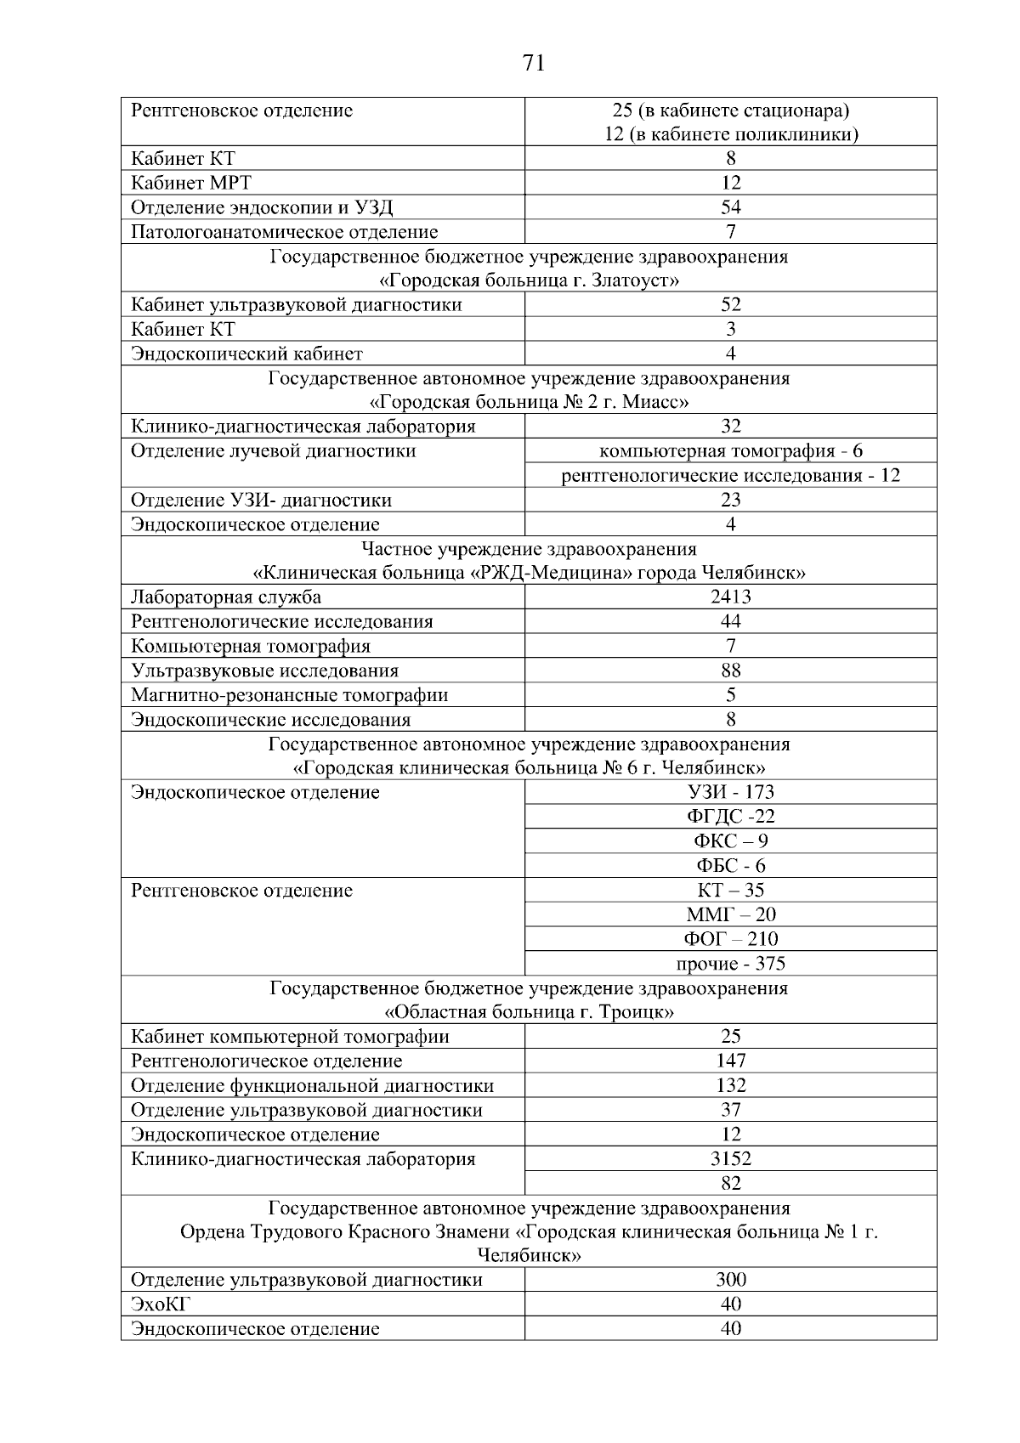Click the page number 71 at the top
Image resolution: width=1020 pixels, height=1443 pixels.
pos(534,63)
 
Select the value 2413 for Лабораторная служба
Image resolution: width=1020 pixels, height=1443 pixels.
pos(730,597)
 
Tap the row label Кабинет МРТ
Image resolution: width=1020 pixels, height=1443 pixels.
pos(191,183)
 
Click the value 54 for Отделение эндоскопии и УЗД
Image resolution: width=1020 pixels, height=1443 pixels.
pos(730,207)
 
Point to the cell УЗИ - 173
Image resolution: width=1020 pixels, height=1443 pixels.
pos(730,792)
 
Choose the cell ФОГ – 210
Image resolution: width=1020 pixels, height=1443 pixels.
pos(730,939)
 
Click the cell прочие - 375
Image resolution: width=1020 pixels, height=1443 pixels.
pos(730,964)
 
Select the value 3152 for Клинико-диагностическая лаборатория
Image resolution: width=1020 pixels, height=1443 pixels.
pos(730,1158)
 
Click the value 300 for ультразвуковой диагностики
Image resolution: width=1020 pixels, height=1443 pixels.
pos(730,1279)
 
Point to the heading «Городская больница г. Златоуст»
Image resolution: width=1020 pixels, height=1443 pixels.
pos(529,280)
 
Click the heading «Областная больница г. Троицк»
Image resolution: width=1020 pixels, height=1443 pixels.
pos(530,1012)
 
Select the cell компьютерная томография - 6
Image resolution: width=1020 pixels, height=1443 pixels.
pos(730,451)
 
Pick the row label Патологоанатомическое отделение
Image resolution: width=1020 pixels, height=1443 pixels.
pos(284,232)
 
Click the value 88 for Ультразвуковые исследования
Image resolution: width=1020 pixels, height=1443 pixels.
pos(730,671)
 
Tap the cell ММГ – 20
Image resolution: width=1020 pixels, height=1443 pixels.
pos(730,914)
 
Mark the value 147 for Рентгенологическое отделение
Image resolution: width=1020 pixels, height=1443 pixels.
pos(730,1061)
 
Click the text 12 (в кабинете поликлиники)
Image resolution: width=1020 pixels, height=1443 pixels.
pos(730,134)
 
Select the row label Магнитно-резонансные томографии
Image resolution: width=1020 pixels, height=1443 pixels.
pos(289,695)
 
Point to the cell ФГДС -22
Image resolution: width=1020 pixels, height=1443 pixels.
pos(730,817)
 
